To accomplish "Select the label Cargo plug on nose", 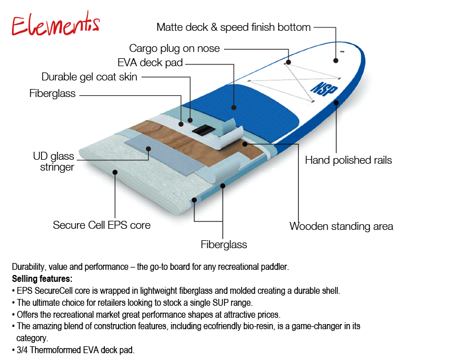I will [x=174, y=48].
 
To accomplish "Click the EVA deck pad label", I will [x=150, y=63].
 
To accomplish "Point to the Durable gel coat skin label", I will [x=89, y=76].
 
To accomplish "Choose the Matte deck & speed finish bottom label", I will [x=234, y=27].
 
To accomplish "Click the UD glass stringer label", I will [x=54, y=161].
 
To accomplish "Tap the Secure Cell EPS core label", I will [x=102, y=225].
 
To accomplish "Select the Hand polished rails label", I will [x=348, y=160].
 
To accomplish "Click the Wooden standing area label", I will [x=341, y=226].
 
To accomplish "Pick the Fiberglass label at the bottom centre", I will [x=224, y=244].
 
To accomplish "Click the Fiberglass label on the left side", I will [x=52, y=94].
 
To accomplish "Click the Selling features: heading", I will [x=42, y=279].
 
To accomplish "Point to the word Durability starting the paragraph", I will [x=30, y=267].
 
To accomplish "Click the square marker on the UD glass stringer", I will [x=148, y=149].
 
